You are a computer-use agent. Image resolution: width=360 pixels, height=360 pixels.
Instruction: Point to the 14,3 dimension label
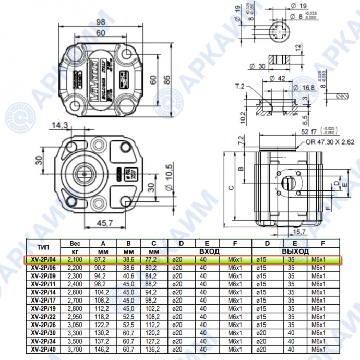(x=61, y=125)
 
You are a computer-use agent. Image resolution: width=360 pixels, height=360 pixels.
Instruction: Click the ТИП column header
(x=43, y=247)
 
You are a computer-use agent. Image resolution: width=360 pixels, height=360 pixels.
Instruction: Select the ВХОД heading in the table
(x=209, y=251)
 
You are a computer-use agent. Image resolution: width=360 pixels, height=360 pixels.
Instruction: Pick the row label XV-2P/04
(x=43, y=259)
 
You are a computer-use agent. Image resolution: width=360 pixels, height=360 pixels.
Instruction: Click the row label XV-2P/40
(x=43, y=349)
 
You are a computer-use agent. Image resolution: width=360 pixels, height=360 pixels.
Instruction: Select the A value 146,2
(x=102, y=349)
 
